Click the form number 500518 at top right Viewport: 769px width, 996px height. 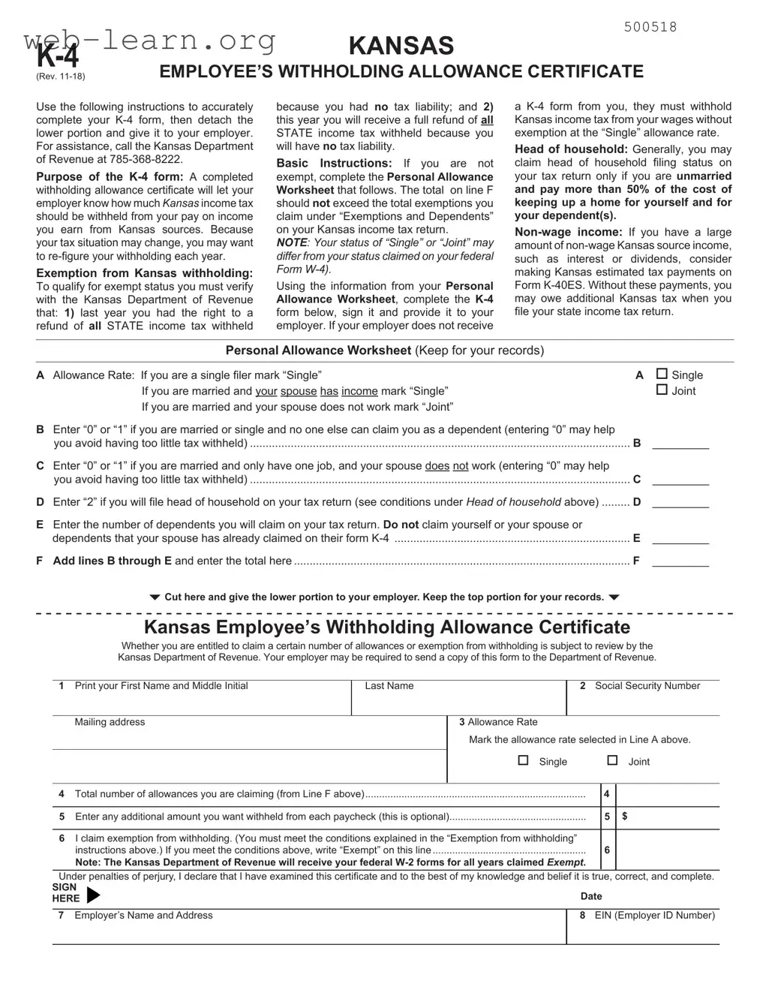(x=650, y=27)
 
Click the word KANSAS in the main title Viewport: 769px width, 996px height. (x=401, y=46)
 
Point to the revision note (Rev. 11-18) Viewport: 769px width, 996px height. (x=61, y=77)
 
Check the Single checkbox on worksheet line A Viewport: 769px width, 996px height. (x=662, y=374)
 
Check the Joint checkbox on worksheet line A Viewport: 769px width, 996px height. (x=662, y=390)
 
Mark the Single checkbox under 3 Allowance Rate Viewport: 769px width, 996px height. (x=524, y=760)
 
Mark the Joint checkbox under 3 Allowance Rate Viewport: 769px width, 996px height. (x=612, y=760)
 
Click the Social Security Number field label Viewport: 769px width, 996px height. (x=647, y=686)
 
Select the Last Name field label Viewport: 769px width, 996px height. (x=389, y=686)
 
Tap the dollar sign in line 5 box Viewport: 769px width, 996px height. (x=624, y=816)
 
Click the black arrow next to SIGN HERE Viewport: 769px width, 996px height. (x=93, y=895)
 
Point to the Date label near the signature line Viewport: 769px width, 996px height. (x=591, y=896)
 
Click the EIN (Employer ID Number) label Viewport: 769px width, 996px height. (x=654, y=916)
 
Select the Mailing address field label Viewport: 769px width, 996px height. (x=110, y=722)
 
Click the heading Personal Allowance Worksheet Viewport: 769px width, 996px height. (x=318, y=351)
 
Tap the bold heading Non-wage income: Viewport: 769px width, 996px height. (x=568, y=233)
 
